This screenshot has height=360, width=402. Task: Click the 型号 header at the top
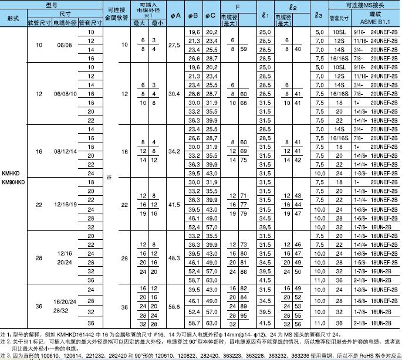click(54, 4)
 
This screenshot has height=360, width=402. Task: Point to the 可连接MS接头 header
click(364, 4)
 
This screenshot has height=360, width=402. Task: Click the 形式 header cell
click(13, 18)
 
